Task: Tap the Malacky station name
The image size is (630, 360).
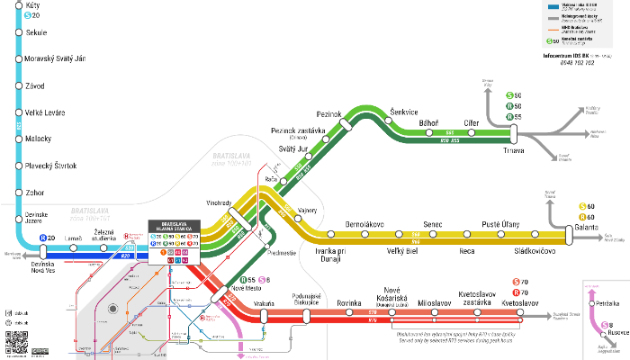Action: [39, 139]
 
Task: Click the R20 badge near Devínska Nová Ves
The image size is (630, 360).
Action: [46, 238]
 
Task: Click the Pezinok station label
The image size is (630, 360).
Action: [329, 115]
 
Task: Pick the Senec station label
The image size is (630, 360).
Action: [433, 223]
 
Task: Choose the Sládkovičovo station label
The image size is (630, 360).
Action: [535, 252]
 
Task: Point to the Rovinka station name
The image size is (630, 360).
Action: [348, 304]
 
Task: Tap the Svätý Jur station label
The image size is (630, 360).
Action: [293, 148]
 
